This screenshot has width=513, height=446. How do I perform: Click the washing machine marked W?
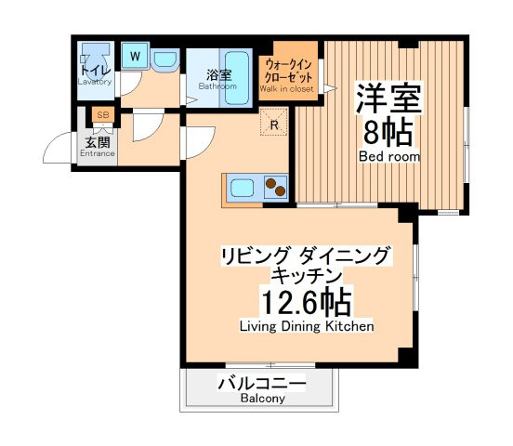pyautogui.click(x=135, y=56)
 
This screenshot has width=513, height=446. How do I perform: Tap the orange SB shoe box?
pyautogui.click(x=103, y=114)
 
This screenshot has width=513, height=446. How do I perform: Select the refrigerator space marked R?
pyautogui.click(x=274, y=122)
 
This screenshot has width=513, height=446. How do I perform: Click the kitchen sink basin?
pyautogui.click(x=243, y=188)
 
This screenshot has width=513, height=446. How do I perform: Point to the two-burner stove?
pyautogui.click(x=275, y=187)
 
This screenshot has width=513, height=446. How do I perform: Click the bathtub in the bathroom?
pyautogui.click(x=237, y=79)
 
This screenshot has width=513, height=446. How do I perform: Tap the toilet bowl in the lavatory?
pyautogui.click(x=95, y=62)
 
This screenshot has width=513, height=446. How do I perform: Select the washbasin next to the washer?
pyautogui.click(x=165, y=59)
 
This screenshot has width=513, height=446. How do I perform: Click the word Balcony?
pyautogui.click(x=263, y=399)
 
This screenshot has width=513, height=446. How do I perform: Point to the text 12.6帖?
pyautogui.click(x=307, y=302)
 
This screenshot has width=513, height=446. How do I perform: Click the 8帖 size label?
pyautogui.click(x=388, y=132)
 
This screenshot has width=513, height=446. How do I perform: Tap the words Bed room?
pyautogui.click(x=389, y=156)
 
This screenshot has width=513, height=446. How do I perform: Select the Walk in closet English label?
pyautogui.click(x=286, y=88)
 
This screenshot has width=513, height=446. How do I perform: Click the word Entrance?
pyautogui.click(x=98, y=153)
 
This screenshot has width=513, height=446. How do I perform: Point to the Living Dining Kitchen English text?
pyautogui.click(x=307, y=326)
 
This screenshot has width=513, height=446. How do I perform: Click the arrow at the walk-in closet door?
pyautogui.click(x=330, y=88)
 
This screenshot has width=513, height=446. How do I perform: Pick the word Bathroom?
pyautogui.click(x=217, y=86)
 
